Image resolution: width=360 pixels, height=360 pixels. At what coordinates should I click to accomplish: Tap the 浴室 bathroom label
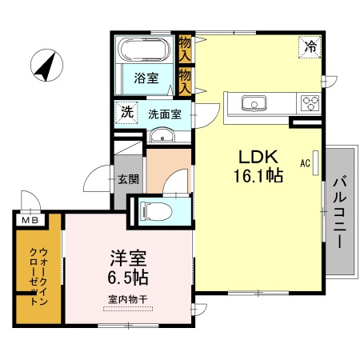click(x=146, y=79)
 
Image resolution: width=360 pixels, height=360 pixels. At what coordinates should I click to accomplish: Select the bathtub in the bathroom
click(x=144, y=50)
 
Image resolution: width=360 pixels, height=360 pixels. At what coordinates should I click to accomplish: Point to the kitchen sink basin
click(x=255, y=102)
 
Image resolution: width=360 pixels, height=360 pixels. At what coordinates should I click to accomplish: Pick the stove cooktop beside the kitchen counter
click(x=310, y=102)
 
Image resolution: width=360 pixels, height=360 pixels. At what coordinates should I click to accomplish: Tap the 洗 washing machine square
click(x=126, y=112)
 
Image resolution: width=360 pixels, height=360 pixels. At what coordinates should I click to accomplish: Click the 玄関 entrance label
click(x=127, y=179)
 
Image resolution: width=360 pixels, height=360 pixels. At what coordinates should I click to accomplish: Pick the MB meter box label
click(x=29, y=219)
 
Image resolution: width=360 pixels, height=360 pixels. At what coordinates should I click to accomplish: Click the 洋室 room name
click(x=128, y=260)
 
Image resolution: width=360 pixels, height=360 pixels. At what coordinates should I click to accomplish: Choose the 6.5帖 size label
click(x=129, y=278)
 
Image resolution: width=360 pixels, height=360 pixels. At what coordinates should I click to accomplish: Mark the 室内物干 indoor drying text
click(x=128, y=300)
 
